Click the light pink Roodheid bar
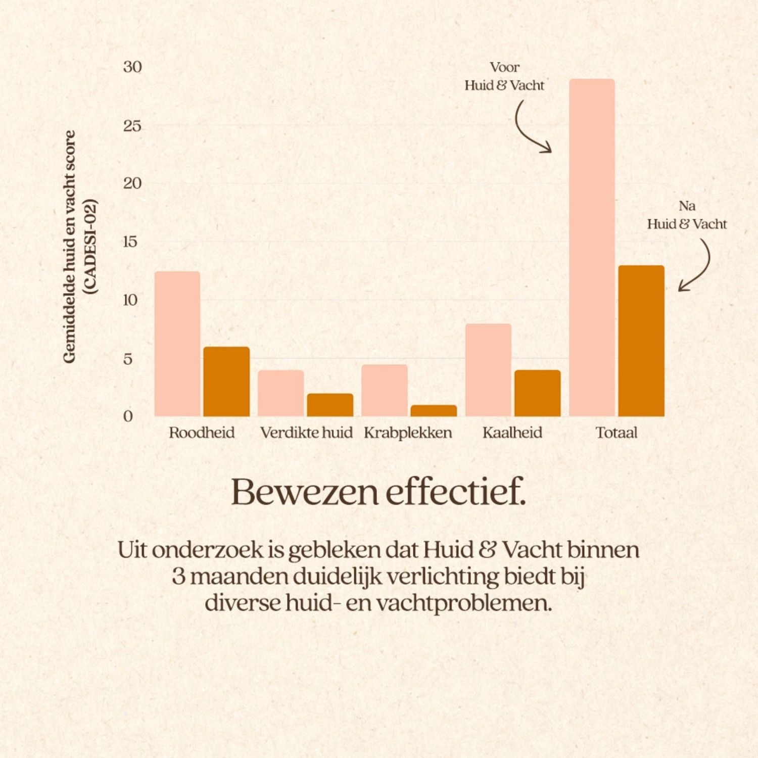[x=177, y=344]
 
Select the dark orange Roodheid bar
[x=226, y=382]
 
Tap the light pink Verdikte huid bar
[x=281, y=393]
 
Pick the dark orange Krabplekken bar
[x=434, y=411]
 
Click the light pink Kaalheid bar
[x=488, y=370]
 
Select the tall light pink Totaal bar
[x=592, y=248]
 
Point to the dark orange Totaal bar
[x=641, y=341]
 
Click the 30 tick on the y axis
[x=132, y=67]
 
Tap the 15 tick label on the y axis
[x=130, y=242]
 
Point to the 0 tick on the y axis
[x=128, y=416]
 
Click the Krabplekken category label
[x=408, y=433]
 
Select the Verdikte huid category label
[x=306, y=433]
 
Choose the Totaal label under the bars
[x=617, y=433]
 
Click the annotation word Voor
[x=504, y=67]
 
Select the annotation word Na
[x=687, y=206]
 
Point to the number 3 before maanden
[x=178, y=577]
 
